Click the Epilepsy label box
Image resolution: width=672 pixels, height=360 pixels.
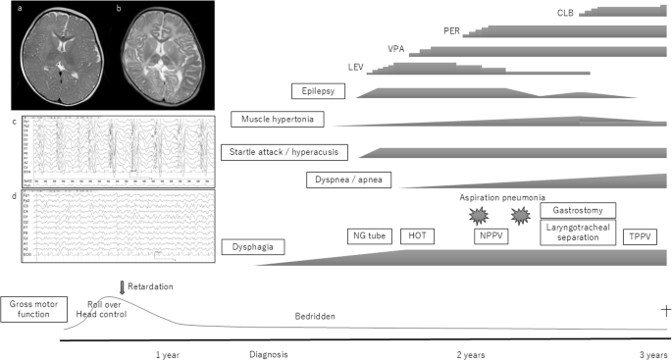click(x=321, y=91)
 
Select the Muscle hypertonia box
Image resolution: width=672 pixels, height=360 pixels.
click(x=279, y=120)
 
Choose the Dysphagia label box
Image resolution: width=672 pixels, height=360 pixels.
click(x=253, y=248)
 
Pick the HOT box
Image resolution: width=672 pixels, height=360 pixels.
click(x=418, y=236)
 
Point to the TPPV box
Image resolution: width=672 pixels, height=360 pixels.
click(x=642, y=236)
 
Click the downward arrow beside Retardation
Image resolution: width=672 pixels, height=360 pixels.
click(x=122, y=286)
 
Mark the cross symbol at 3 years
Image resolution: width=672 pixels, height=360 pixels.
click(x=666, y=310)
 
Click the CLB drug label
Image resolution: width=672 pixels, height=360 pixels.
click(x=563, y=12)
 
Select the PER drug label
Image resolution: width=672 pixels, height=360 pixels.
click(x=451, y=29)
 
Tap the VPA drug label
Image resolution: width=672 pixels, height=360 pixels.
click(x=396, y=48)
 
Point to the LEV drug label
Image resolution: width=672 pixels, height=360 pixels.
click(x=356, y=67)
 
